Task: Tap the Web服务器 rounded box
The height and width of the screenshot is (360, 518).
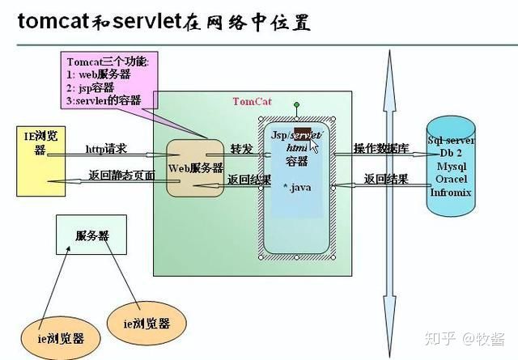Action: point(195,167)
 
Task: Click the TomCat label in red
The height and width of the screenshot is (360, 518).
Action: point(253,101)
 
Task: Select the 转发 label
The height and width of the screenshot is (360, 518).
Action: point(241,150)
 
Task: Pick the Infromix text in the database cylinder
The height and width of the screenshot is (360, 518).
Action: point(451,192)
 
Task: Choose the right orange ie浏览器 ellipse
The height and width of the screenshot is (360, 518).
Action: point(146,322)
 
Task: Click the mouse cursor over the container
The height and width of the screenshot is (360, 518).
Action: point(314,146)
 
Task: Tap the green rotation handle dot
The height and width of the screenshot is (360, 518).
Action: point(297,104)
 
